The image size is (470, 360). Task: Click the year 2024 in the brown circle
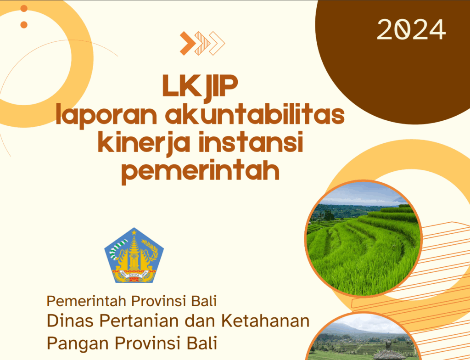click(x=411, y=30)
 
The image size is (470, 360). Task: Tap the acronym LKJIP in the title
click(x=200, y=86)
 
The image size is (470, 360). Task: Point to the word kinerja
click(x=145, y=143)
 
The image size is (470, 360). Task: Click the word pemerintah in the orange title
click(x=201, y=171)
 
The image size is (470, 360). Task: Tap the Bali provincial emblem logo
click(x=134, y=255)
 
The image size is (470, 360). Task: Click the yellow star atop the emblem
click(x=134, y=232)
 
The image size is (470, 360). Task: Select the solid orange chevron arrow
click(x=188, y=43)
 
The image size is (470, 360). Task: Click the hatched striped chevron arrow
click(x=202, y=43)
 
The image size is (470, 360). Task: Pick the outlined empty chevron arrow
click(x=217, y=43)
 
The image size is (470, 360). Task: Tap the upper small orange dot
click(x=24, y=8)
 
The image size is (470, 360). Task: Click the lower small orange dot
click(x=24, y=25)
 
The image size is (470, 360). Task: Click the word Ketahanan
click(x=265, y=321)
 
